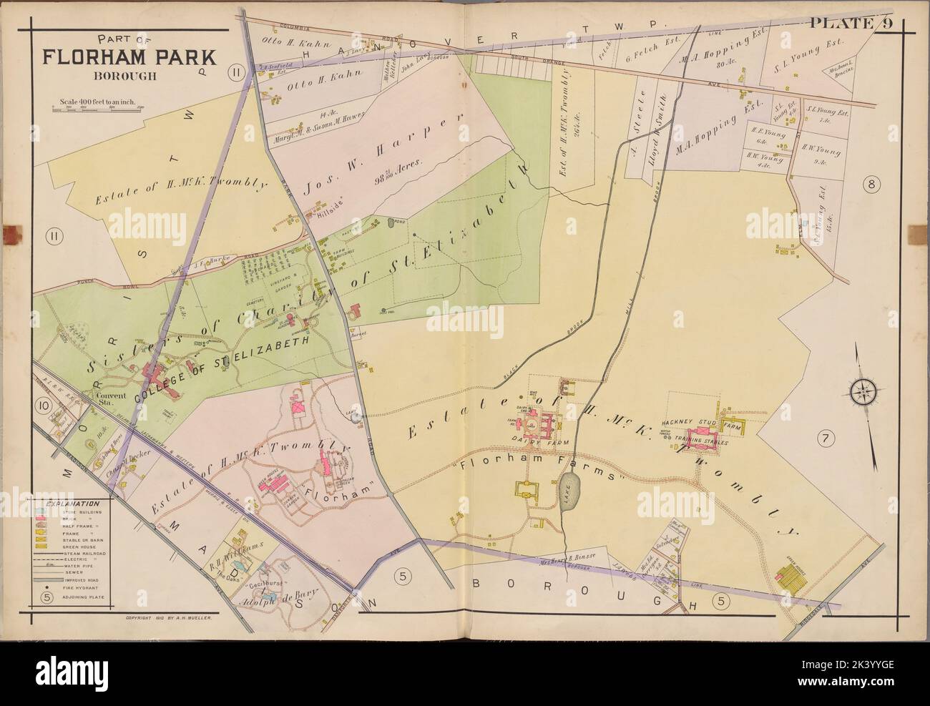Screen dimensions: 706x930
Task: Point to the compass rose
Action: (864, 391)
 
